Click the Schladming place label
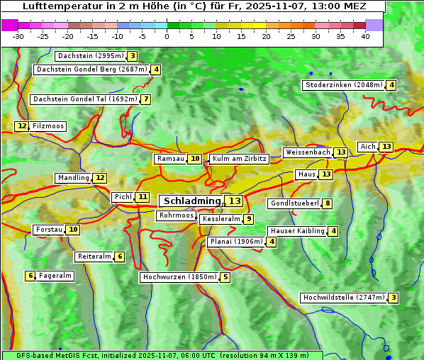pyautogui.click(x=192, y=201)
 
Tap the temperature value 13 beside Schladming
pyautogui.click(x=235, y=201)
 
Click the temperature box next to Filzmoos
pyautogui.click(x=22, y=126)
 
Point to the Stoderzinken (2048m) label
pyautogui.click(x=343, y=85)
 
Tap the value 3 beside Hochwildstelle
pyautogui.click(x=393, y=298)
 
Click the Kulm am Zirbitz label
pyautogui.click(x=239, y=159)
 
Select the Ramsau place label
pyautogui.click(x=170, y=159)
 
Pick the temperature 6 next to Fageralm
pyautogui.click(x=30, y=276)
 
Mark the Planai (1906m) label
pyautogui.click(x=236, y=242)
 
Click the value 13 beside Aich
pyautogui.click(x=386, y=147)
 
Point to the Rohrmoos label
pyautogui.click(x=176, y=215)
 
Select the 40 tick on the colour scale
pyautogui.click(x=365, y=36)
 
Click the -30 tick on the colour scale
pyautogui.click(x=18, y=36)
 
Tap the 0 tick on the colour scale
pyautogui.click(x=167, y=36)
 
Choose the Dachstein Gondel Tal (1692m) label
pyautogui.click(x=84, y=99)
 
